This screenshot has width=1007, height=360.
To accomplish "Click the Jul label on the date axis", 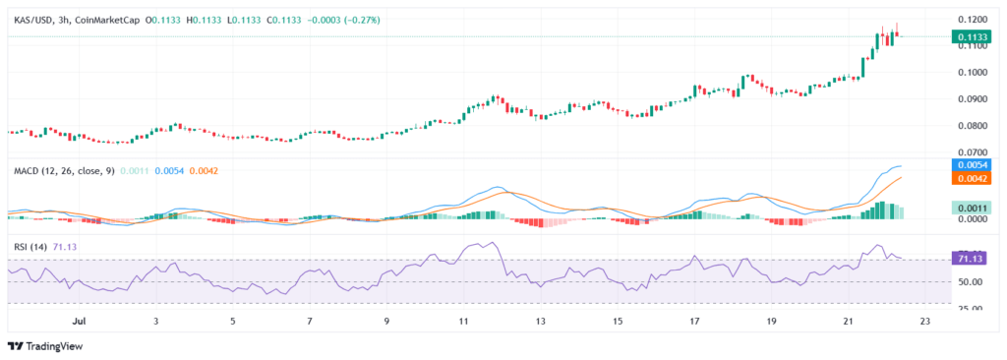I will tap(81, 321).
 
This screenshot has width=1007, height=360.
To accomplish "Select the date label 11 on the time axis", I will tap(463, 321).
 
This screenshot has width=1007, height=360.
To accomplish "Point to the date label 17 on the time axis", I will tap(694, 321).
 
